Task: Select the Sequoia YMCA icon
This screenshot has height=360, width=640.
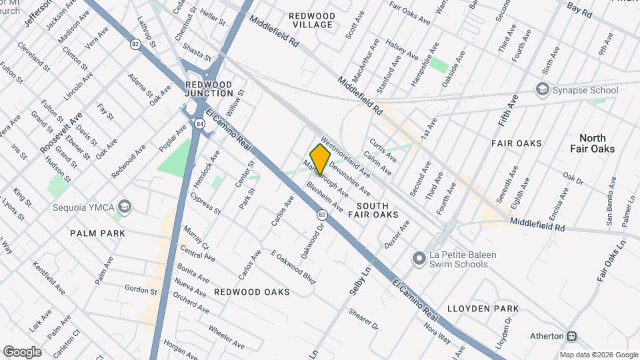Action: click(x=123, y=206)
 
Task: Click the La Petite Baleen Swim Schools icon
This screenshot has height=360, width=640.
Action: click(x=419, y=257)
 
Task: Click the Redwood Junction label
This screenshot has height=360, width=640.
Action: click(x=208, y=89)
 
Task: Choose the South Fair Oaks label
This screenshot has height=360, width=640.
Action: click(x=377, y=210)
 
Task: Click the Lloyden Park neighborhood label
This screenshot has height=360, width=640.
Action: click(x=483, y=309)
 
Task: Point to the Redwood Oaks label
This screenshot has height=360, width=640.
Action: click(x=252, y=292)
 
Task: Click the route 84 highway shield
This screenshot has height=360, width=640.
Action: click(x=199, y=123)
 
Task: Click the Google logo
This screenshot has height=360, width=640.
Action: click(x=22, y=351)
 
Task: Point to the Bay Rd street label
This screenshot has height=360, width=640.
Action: click(x=579, y=9)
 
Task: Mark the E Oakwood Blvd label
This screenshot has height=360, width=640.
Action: click(x=293, y=267)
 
